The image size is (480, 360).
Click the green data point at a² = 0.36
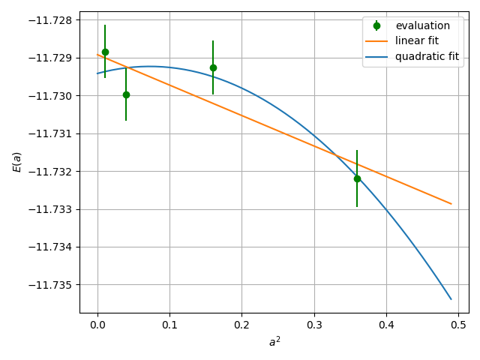(357, 178)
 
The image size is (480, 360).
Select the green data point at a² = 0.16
(213, 67)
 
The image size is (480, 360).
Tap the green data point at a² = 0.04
(126, 94)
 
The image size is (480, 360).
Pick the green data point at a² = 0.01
(105, 52)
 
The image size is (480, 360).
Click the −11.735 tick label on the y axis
(51, 285)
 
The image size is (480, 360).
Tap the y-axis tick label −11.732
(51, 172)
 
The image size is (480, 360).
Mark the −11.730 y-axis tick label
(51, 96)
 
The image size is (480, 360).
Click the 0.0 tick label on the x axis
(97, 326)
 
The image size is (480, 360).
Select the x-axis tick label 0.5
(458, 326)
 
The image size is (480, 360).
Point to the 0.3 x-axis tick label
(314, 326)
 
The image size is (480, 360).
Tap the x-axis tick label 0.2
(241, 326)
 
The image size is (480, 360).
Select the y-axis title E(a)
(16, 161)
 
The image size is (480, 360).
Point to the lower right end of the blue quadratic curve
(451, 299)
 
